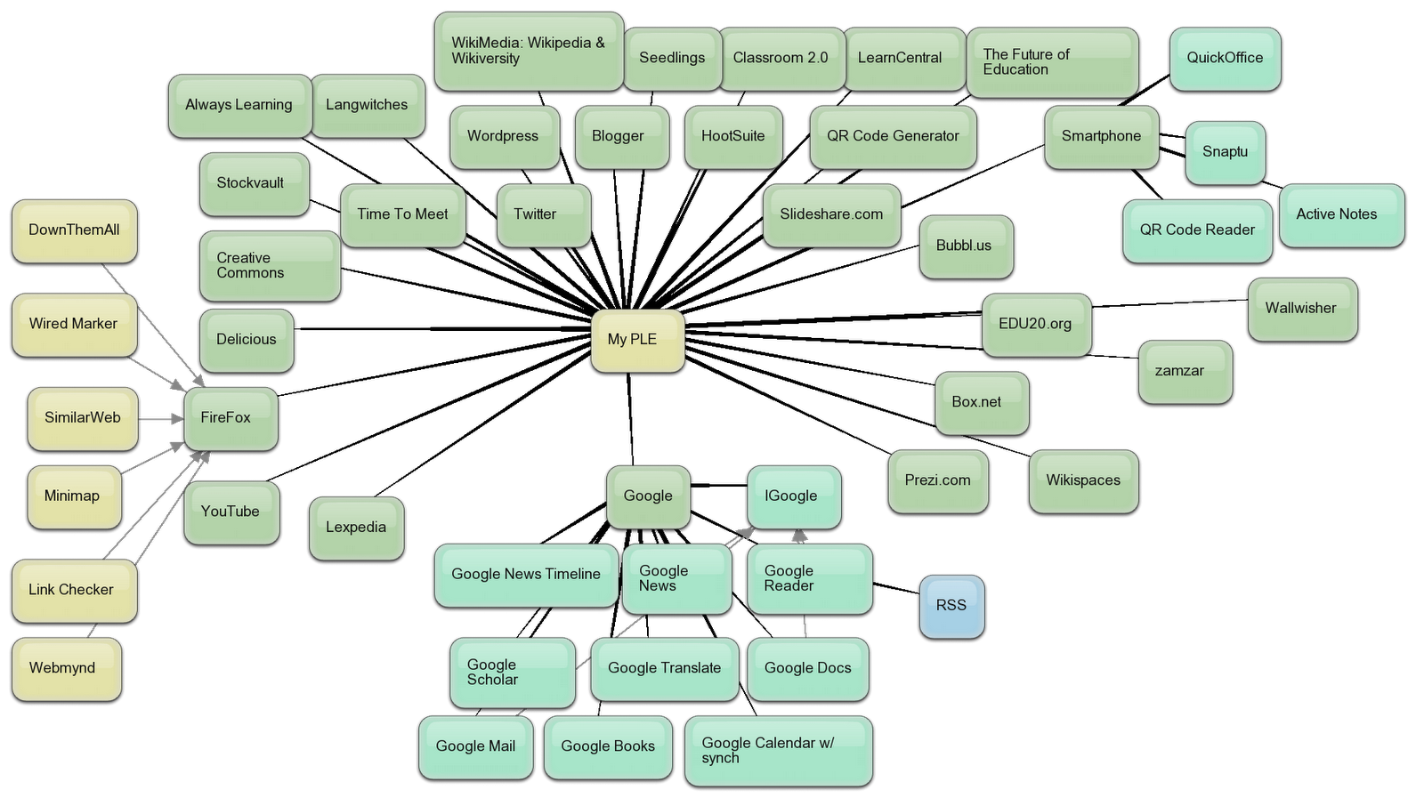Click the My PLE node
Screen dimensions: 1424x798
(637, 340)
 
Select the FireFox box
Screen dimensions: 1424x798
(231, 418)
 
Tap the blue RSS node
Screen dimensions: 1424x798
(951, 606)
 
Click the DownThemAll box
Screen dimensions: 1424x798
(74, 230)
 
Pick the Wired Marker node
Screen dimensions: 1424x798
(74, 325)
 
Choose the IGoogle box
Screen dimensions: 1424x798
(793, 496)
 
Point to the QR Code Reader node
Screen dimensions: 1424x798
(1197, 230)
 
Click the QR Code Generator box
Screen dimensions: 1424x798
(893, 136)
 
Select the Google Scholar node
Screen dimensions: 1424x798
(512, 672)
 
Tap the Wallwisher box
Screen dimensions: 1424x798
(1301, 309)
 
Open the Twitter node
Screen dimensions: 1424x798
(543, 214)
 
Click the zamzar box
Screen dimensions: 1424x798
(1185, 371)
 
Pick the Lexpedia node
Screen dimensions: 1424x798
(356, 528)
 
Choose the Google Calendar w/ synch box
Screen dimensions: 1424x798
(778, 750)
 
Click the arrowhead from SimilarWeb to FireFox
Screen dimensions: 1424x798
(177, 418)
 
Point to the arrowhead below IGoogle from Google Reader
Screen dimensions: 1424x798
(799, 536)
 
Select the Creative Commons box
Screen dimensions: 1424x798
(269, 266)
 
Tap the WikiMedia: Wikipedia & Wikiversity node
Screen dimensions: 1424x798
(529, 51)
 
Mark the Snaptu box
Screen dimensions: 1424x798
(1225, 152)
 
